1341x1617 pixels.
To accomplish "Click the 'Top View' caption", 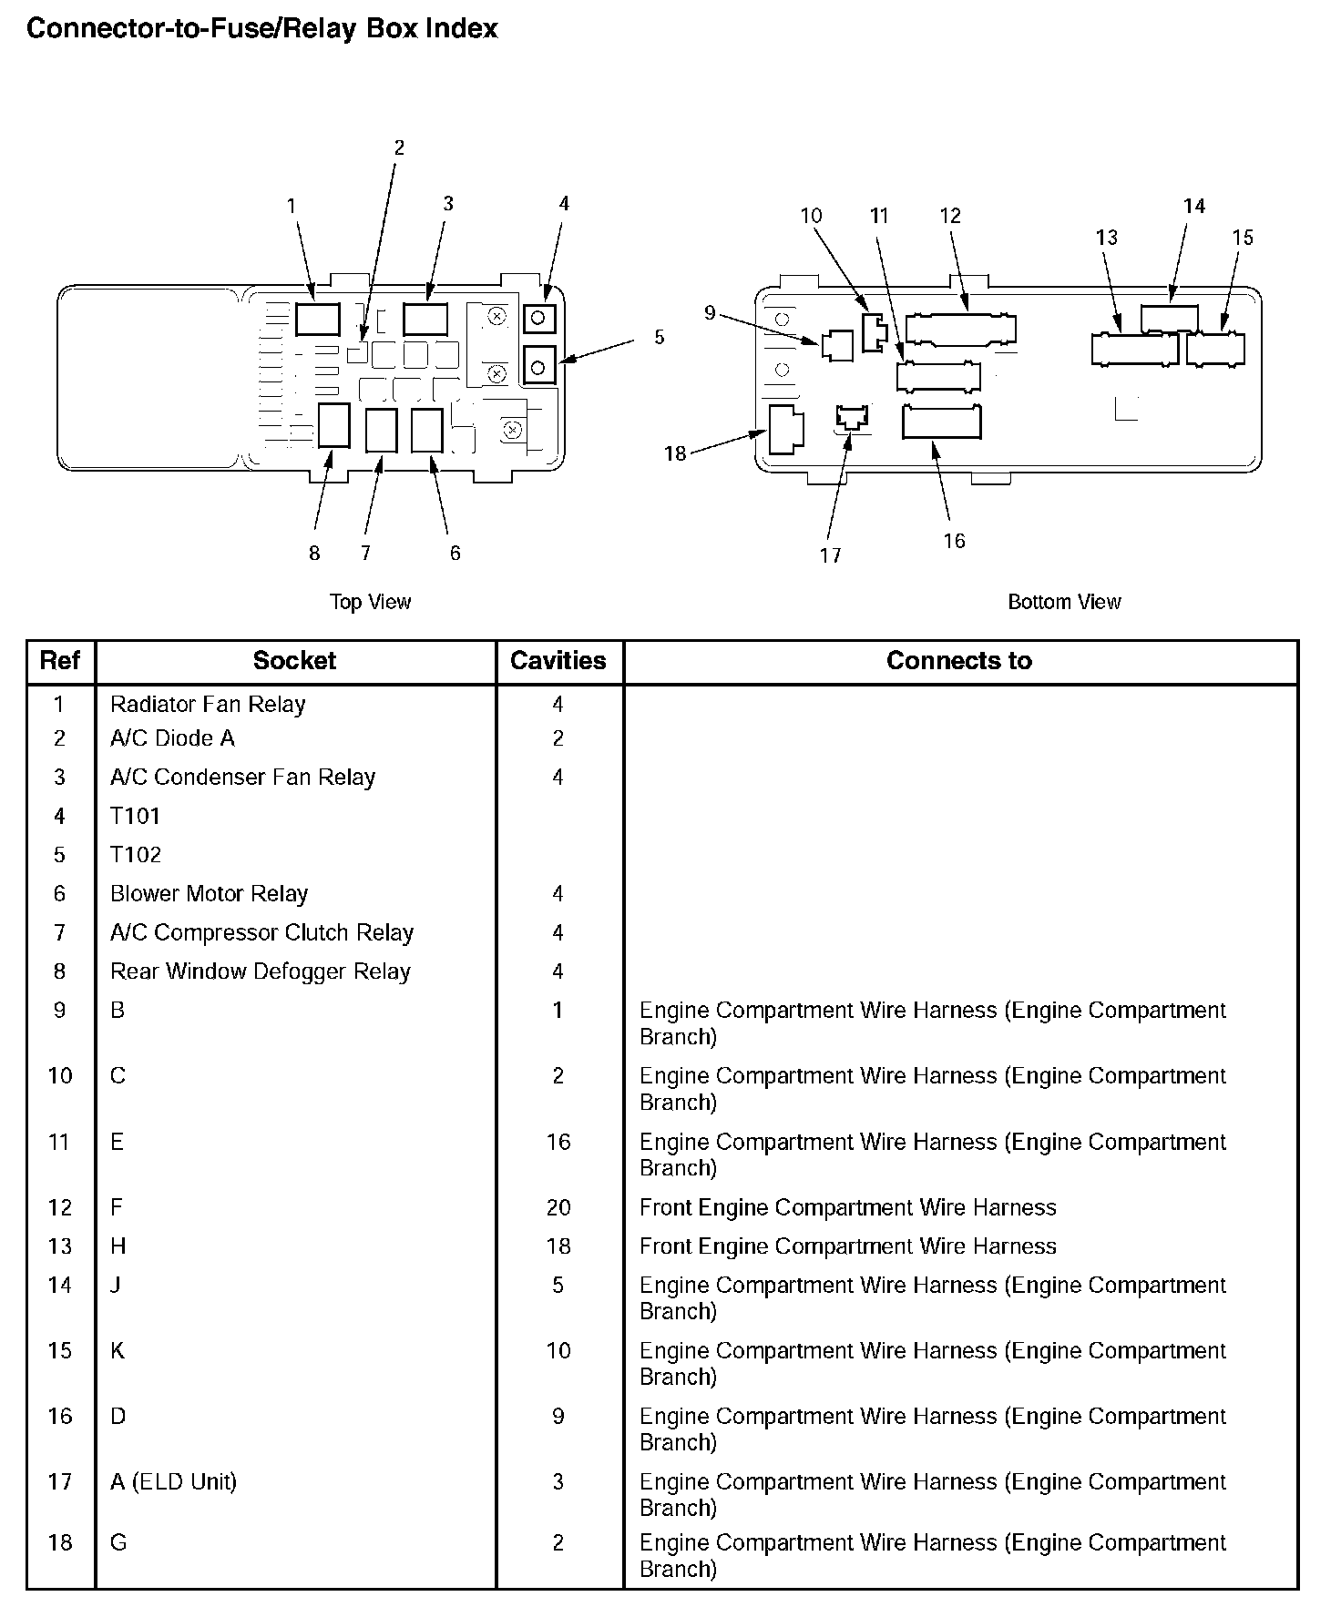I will (370, 602).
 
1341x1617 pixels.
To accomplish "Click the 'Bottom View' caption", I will (1064, 602).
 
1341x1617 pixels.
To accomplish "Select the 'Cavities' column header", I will (558, 661).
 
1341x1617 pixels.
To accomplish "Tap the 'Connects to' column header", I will (958, 661).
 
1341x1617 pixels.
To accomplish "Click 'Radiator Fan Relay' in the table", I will (208, 705).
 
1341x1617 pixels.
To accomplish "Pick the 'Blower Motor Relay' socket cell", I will (209, 894).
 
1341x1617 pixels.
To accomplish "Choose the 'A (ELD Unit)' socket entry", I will (173, 1482).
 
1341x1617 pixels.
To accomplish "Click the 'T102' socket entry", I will (136, 855).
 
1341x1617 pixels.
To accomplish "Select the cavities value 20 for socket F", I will (558, 1208).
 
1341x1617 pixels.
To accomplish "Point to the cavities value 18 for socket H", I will (558, 1246).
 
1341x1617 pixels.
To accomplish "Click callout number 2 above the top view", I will (399, 147).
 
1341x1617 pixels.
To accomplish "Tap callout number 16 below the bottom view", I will (954, 541).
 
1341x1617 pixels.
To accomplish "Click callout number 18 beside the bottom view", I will (675, 453).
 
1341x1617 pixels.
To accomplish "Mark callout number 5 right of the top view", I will (660, 338).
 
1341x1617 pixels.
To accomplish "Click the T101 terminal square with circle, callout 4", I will (538, 319).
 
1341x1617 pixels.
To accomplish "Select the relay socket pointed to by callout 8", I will (334, 425).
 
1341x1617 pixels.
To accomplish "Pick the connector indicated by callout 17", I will (851, 418).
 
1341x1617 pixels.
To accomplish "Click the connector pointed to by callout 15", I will (1215, 349).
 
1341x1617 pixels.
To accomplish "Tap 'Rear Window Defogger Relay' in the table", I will (261, 971).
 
